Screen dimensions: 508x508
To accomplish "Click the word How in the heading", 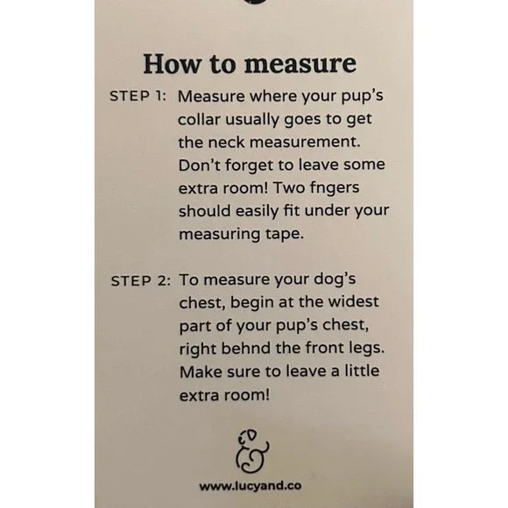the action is point(172,64).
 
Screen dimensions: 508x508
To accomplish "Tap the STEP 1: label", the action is point(138,96).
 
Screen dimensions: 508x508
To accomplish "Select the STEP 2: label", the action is point(141,281).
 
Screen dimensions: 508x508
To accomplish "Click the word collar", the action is point(199,119).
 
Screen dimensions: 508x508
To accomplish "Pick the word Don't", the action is point(199,165).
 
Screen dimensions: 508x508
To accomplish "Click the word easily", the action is point(258,212).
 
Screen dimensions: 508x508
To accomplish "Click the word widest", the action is point(354,301).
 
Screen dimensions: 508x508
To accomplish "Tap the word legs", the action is point(366,349).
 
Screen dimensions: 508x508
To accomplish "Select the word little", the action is point(362,370).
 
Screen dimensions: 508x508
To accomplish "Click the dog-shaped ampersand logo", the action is point(252,452).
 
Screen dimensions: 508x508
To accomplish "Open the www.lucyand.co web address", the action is point(250,485).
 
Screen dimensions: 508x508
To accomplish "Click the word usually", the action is point(252,120).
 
